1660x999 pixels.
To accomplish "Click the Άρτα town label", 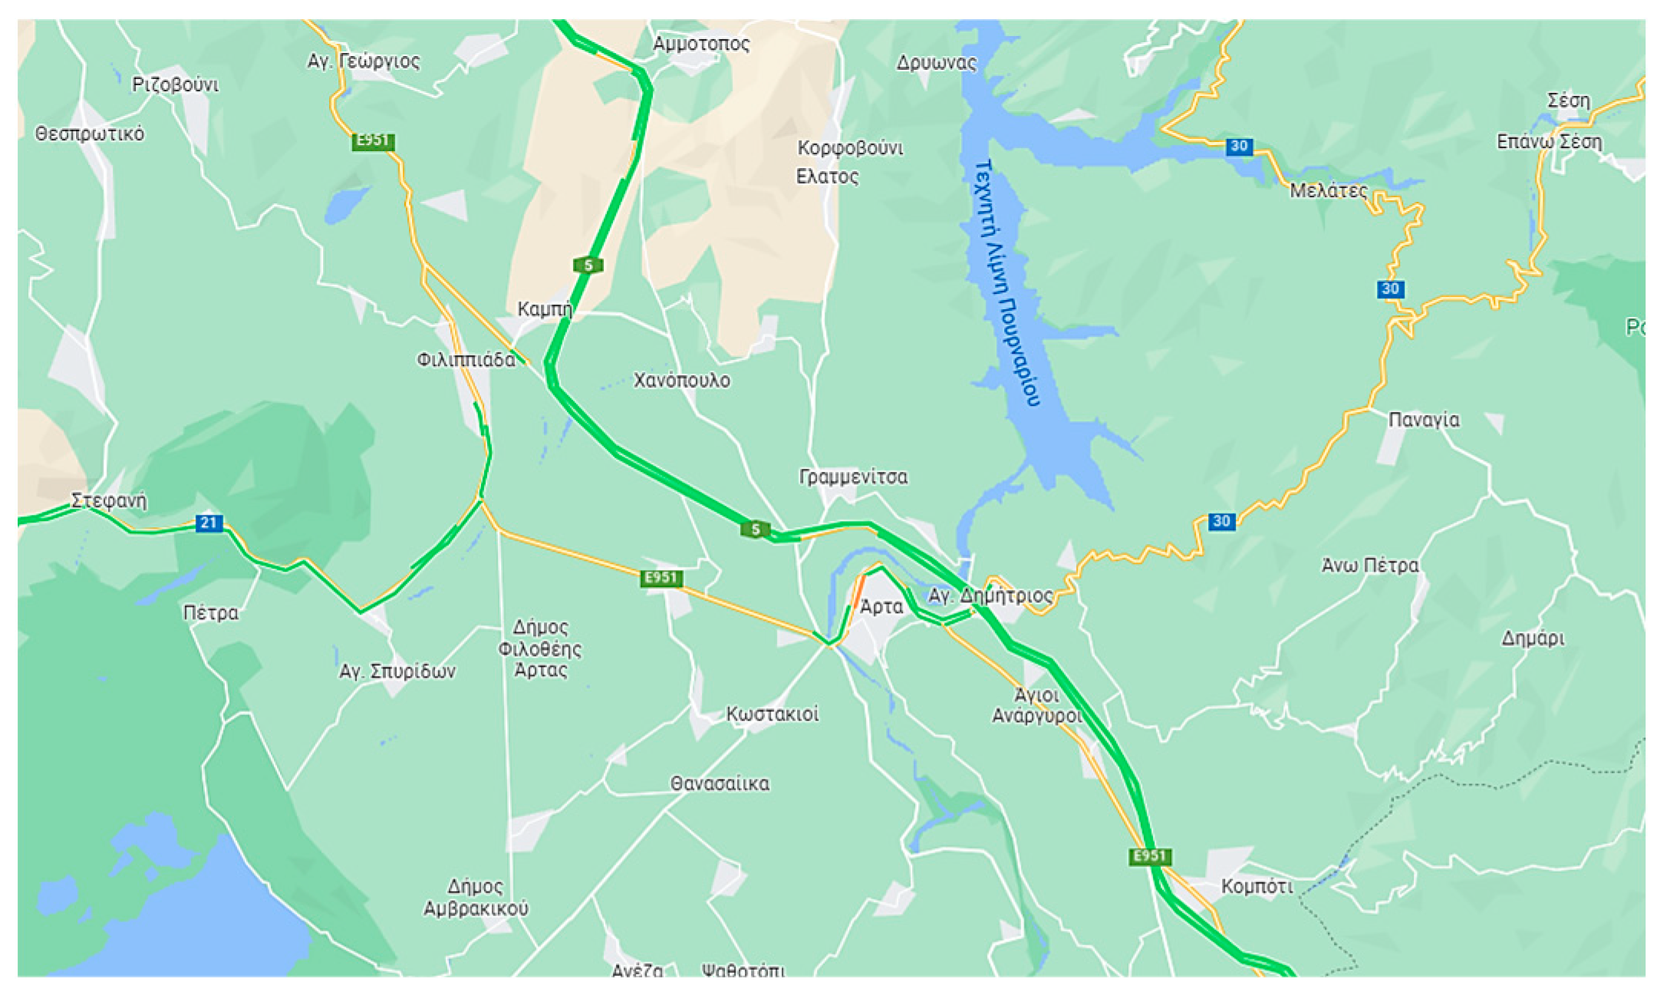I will [881, 607].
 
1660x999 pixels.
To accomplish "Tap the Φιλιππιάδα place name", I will [466, 360].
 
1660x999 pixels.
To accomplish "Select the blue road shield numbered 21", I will [209, 523].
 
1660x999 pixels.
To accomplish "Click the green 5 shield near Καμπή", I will [588, 265].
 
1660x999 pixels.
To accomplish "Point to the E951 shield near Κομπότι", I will [1150, 856].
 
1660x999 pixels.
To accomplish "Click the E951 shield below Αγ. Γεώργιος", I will [373, 140].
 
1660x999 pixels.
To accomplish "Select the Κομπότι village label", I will [1257, 887].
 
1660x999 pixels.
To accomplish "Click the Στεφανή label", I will [108, 501].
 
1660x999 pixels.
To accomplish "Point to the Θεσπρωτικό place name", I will [90, 134].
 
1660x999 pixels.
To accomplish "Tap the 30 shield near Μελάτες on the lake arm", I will [1239, 146].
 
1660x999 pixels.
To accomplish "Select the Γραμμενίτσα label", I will [853, 477].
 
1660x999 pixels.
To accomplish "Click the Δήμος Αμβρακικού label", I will [476, 898].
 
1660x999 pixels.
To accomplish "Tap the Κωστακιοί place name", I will [772, 714].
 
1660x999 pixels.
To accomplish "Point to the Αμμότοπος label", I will [701, 44].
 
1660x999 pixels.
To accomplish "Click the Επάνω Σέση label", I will [1549, 142].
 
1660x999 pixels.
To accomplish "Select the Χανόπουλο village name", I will [681, 381].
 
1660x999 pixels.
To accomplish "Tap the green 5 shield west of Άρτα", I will [755, 529].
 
